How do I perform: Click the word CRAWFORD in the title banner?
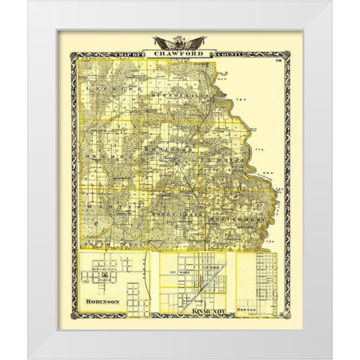pyautogui.click(x=180, y=54)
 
